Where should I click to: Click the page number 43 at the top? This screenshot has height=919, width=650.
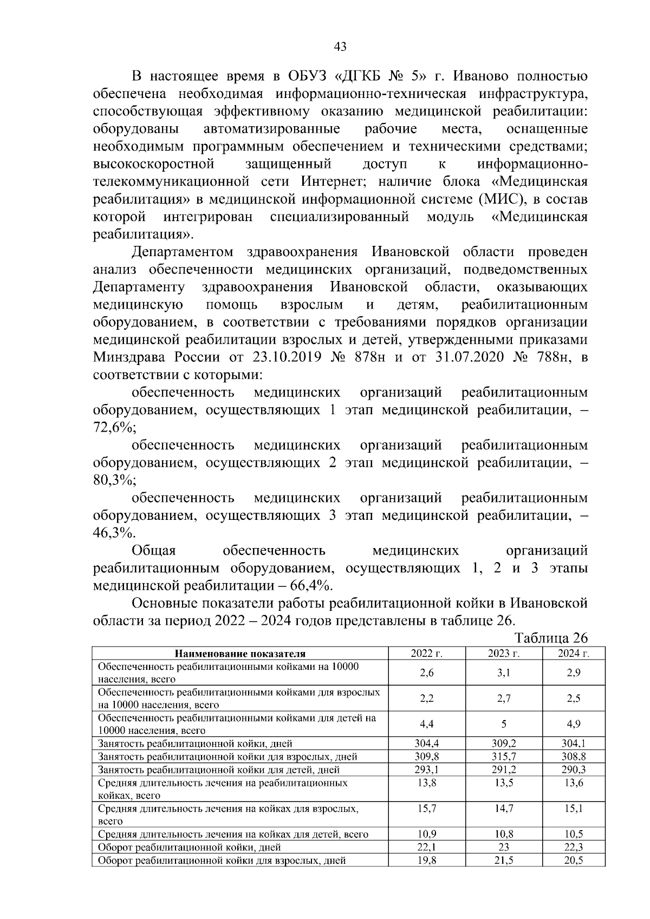340,47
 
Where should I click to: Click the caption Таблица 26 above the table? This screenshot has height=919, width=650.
551,637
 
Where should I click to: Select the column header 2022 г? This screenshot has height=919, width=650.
426,653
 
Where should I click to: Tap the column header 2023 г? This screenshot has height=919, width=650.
504,653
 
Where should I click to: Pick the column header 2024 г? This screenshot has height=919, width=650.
574,653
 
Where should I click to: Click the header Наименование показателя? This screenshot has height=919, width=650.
240,654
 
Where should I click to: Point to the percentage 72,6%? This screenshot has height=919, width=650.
114,427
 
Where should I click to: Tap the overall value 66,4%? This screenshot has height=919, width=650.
311,585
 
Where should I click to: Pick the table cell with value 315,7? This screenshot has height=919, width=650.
504,757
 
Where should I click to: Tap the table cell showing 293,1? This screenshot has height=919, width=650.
426,770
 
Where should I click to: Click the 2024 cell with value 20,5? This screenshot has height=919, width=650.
574,860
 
